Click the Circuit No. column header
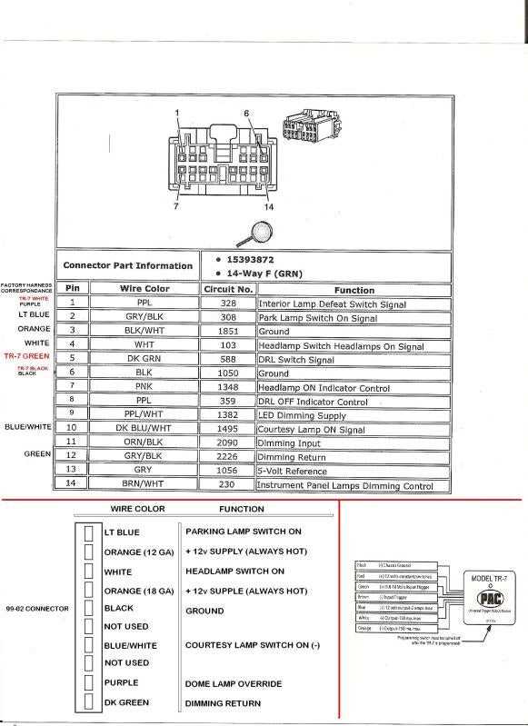(228, 289)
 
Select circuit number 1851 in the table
(227, 331)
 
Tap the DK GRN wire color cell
(144, 359)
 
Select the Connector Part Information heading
(127, 266)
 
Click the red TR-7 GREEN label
(26, 356)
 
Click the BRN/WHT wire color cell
(144, 485)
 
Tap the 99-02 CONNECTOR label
(37, 608)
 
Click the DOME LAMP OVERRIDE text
(234, 683)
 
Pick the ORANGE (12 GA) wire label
(139, 552)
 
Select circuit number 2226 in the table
(227, 457)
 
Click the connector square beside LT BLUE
(88, 532)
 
